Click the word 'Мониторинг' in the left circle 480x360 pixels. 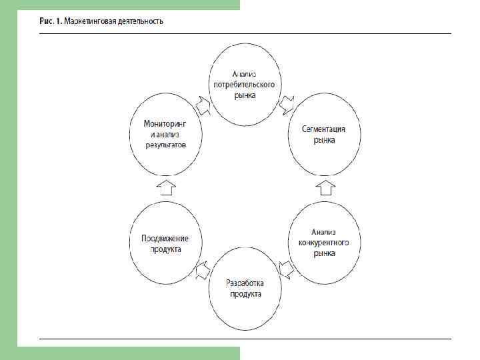(x=165, y=123)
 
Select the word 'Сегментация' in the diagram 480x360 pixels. (x=323, y=129)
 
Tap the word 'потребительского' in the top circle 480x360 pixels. (x=244, y=85)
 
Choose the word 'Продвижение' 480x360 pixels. (x=165, y=238)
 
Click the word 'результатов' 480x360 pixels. (x=165, y=144)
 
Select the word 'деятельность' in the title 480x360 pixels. (x=139, y=21)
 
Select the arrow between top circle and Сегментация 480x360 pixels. (x=286, y=103)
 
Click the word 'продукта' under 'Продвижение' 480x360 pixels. (x=165, y=249)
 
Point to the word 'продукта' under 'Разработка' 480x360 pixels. (x=245, y=294)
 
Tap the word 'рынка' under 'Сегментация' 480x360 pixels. (x=323, y=140)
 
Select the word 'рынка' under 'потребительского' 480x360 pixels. (x=244, y=95)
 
